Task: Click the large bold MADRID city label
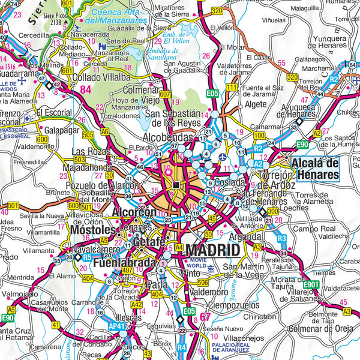click(212, 250)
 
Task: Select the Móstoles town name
click(91, 230)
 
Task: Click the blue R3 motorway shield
click(281, 238)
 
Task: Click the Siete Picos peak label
click(56, 16)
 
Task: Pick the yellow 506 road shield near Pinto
click(203, 282)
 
